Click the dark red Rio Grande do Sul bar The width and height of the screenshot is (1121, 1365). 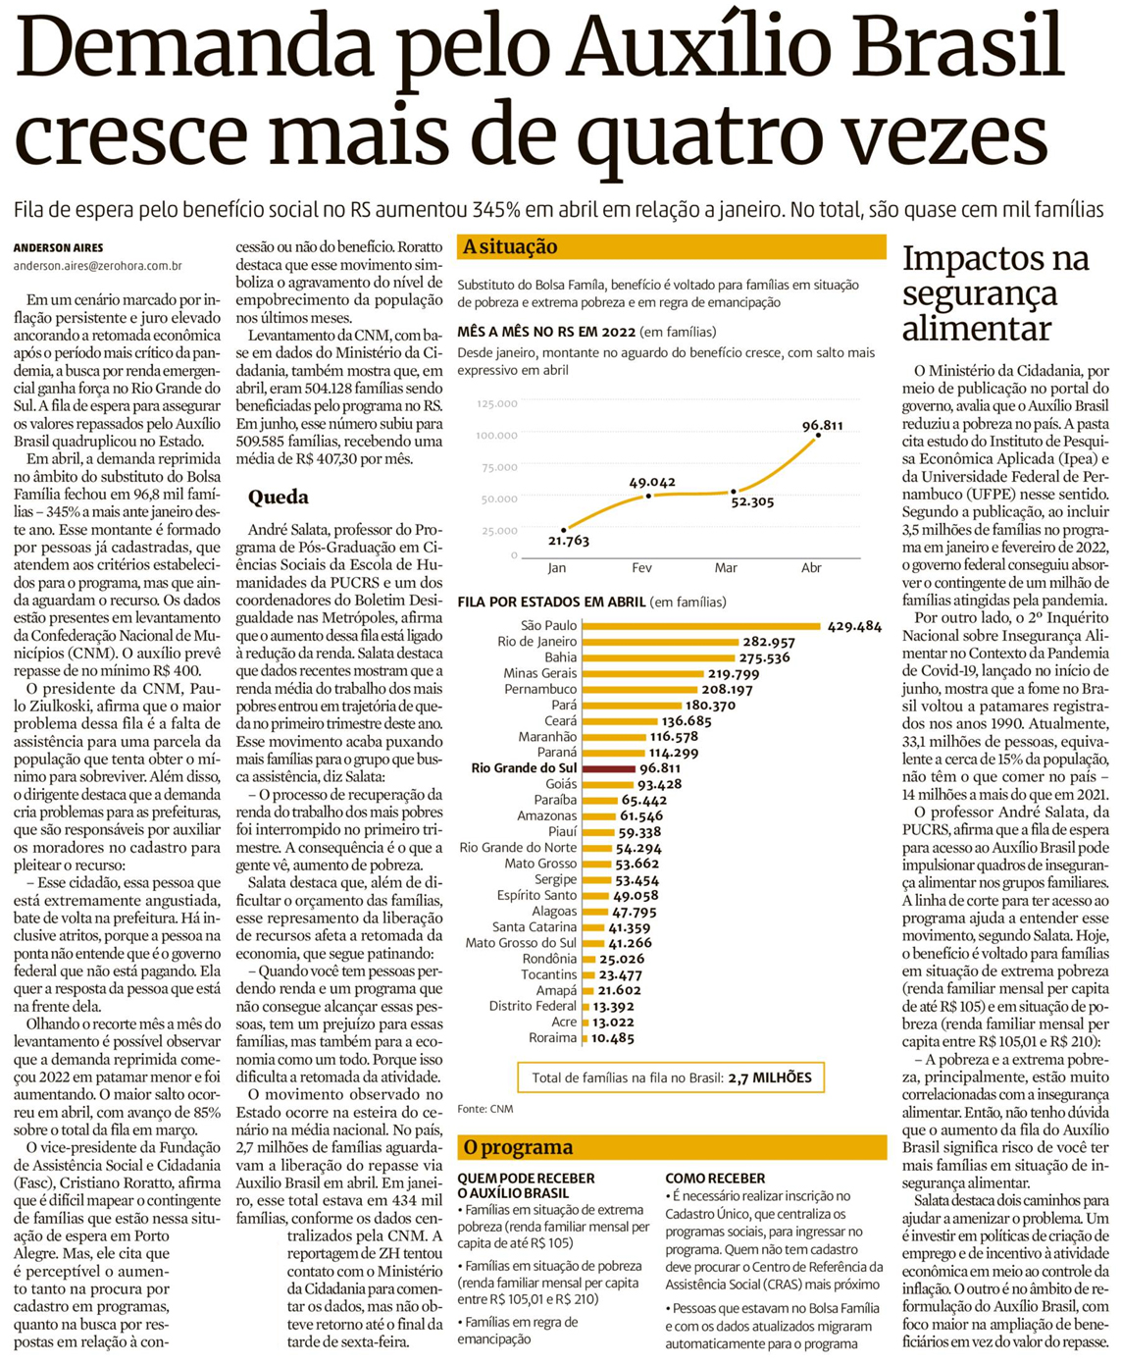(607, 768)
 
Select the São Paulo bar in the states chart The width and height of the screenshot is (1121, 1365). (701, 626)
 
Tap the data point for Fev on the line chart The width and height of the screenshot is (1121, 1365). (648, 497)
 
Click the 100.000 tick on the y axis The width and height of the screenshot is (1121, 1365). (497, 435)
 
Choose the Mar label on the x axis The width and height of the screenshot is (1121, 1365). (726, 568)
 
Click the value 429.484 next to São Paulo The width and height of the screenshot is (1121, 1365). (854, 626)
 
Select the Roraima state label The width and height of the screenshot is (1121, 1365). (552, 1037)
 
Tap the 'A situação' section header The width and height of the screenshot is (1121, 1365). (510, 247)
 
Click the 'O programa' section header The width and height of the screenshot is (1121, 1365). (518, 1147)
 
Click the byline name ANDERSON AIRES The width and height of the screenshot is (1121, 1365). (58, 248)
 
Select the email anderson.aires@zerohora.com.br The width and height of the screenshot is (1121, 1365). (97, 266)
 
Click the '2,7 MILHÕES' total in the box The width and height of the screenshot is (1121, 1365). (770, 1077)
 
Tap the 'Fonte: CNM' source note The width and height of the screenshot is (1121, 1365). (484, 1109)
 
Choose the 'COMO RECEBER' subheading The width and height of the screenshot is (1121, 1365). (715, 1178)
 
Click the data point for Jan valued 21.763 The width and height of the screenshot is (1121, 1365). (564, 530)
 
